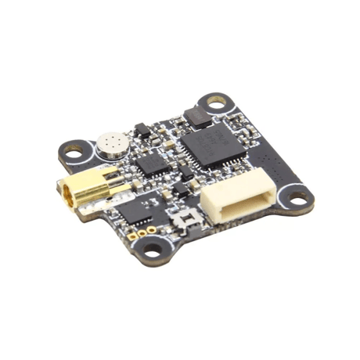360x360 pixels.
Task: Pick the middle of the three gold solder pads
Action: coord(141,233)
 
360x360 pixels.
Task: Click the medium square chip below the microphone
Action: coord(150,164)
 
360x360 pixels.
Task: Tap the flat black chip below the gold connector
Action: coord(139,210)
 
